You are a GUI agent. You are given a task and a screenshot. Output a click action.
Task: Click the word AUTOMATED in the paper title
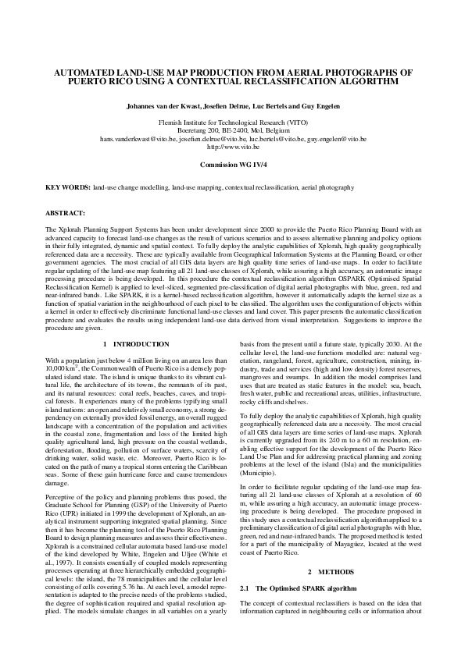tap(87, 71)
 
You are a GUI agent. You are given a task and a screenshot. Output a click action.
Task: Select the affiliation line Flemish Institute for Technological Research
tap(232, 123)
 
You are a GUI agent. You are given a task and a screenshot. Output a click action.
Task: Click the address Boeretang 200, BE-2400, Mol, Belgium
tap(232, 131)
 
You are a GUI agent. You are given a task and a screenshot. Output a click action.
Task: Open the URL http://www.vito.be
tap(232, 147)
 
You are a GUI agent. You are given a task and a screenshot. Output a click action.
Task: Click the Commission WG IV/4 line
tap(232, 165)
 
